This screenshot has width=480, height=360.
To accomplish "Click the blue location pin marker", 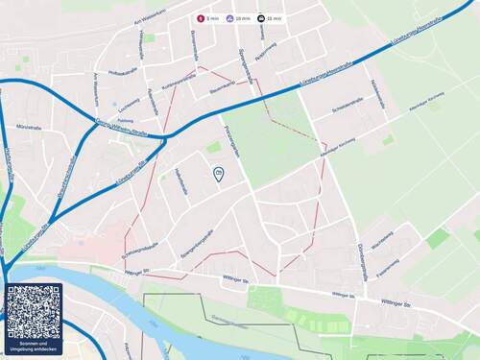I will point(218,174).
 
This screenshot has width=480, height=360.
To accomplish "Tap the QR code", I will point(33,311).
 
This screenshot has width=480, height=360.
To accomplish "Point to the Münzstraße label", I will point(29,127).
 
